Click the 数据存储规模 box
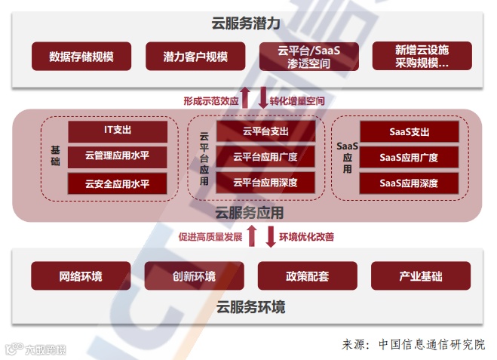tap(81, 57)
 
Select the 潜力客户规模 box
tap(195, 57)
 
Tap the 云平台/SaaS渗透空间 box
tap(308, 57)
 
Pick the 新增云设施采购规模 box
tap(422, 57)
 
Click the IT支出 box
tap(118, 131)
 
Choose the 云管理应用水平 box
tap(118, 157)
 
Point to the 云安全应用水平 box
tap(118, 183)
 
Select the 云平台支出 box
tap(265, 131)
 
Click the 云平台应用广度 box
tap(265, 157)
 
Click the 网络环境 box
tap(81, 276)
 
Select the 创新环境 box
tap(194, 276)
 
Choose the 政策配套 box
tap(308, 276)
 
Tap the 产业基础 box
tap(421, 276)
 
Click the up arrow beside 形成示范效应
tap(245, 97)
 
